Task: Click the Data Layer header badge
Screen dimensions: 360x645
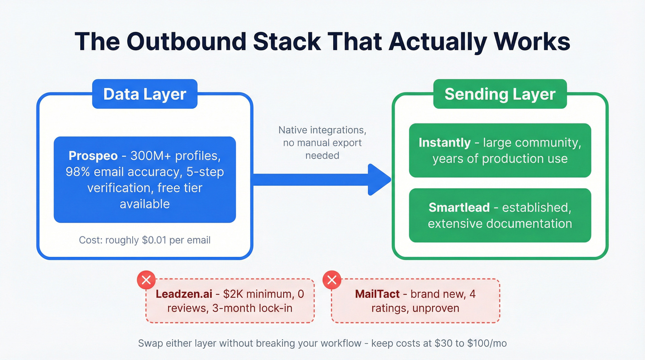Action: [x=145, y=94]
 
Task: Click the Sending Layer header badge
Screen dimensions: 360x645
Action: [x=500, y=94]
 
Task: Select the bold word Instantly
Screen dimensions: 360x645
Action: [x=445, y=143]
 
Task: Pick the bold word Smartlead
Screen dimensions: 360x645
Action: [x=459, y=207]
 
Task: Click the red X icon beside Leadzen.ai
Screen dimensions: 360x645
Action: [x=147, y=280]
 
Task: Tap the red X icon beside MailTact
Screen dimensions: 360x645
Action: [x=332, y=280]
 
